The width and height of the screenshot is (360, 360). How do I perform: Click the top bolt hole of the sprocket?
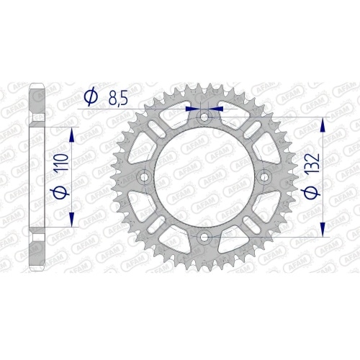(x=205, y=116)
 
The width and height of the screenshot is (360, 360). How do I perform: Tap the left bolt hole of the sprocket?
(x=146, y=176)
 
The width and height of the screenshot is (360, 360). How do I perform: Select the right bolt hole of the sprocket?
(x=264, y=176)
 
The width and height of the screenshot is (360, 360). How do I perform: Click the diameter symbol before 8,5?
(x=91, y=96)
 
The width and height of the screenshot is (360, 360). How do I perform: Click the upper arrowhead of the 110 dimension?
(x=71, y=134)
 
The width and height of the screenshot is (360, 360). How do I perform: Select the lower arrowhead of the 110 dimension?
(x=71, y=218)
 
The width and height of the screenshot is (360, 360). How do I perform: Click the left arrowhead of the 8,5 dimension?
(x=192, y=109)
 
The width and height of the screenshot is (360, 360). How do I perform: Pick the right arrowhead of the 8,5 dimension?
(x=218, y=109)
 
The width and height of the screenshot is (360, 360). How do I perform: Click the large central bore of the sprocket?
(x=205, y=176)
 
